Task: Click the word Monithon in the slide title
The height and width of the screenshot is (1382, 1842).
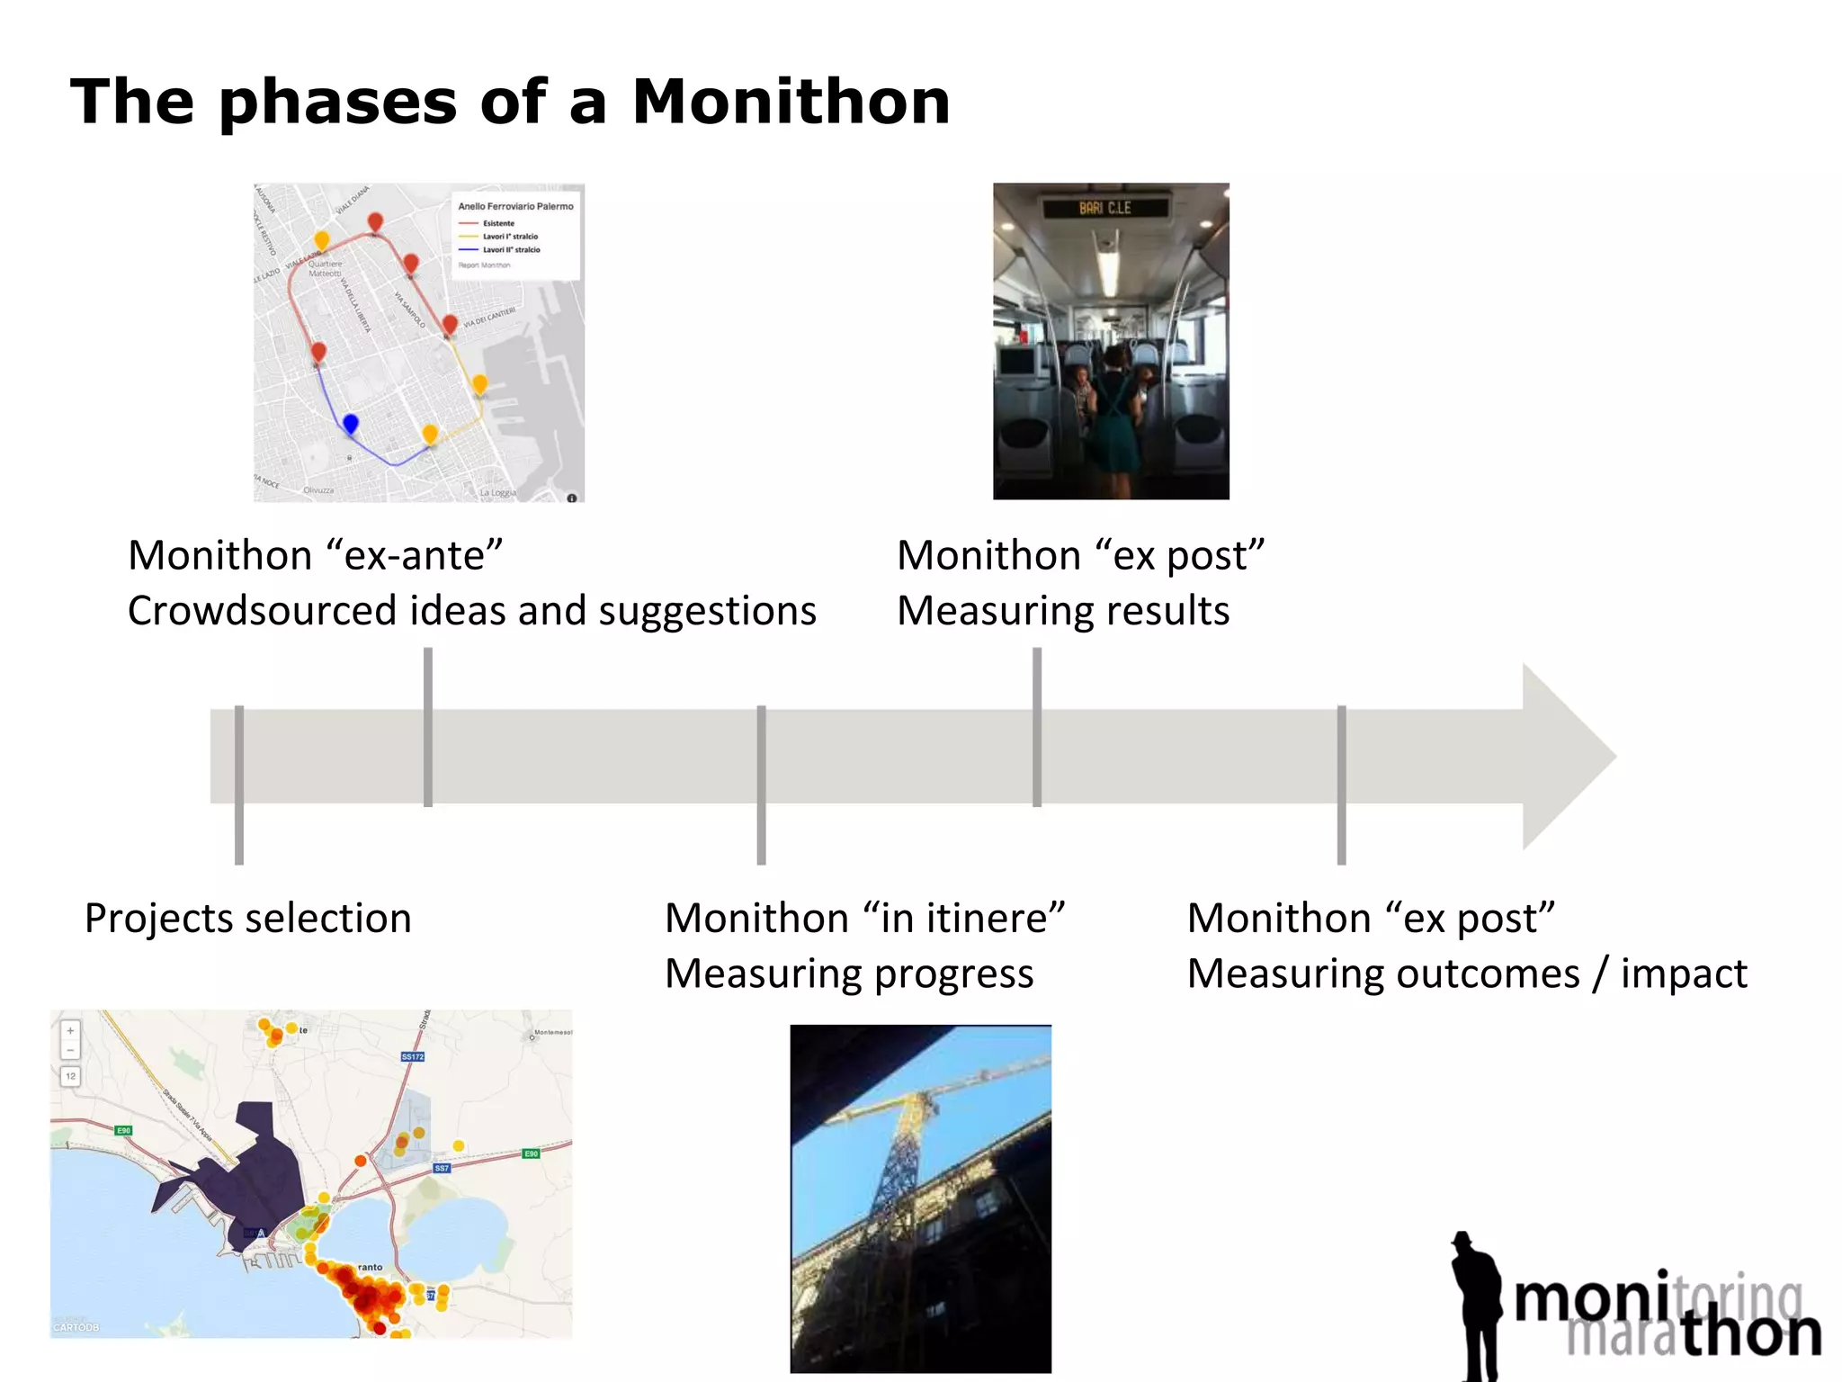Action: click(x=791, y=102)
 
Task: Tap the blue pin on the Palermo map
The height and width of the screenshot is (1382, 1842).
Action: click(x=351, y=422)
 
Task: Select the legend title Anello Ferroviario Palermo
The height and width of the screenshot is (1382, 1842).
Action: click(x=515, y=206)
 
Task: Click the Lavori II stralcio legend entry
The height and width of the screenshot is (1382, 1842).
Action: click(x=511, y=250)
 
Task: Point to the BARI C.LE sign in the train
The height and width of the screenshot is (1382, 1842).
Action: click(x=1105, y=208)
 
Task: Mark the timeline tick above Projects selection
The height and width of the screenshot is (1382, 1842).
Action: click(x=239, y=783)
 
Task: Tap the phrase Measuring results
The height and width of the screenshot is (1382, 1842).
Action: click(x=1063, y=611)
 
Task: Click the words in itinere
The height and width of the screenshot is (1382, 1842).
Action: click(x=963, y=919)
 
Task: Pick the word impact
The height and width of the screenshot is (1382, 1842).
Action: click(x=1684, y=974)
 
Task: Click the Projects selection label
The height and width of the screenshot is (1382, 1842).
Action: click(x=248, y=919)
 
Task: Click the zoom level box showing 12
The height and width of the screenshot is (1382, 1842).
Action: click(x=70, y=1076)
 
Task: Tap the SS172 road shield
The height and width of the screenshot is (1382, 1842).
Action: click(x=412, y=1056)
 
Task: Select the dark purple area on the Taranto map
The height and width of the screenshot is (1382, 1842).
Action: click(x=252, y=1170)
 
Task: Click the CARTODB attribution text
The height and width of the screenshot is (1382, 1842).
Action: click(x=76, y=1327)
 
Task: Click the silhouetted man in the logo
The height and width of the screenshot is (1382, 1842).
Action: click(x=1475, y=1305)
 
